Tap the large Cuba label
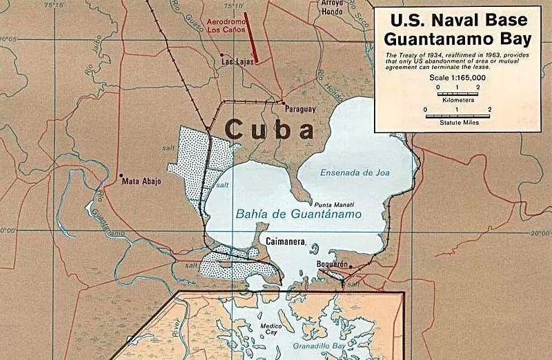click(269, 129)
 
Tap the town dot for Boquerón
click(351, 266)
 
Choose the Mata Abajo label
click(141, 182)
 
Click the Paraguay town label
click(299, 110)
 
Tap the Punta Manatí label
click(334, 206)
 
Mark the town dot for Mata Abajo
click(121, 175)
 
